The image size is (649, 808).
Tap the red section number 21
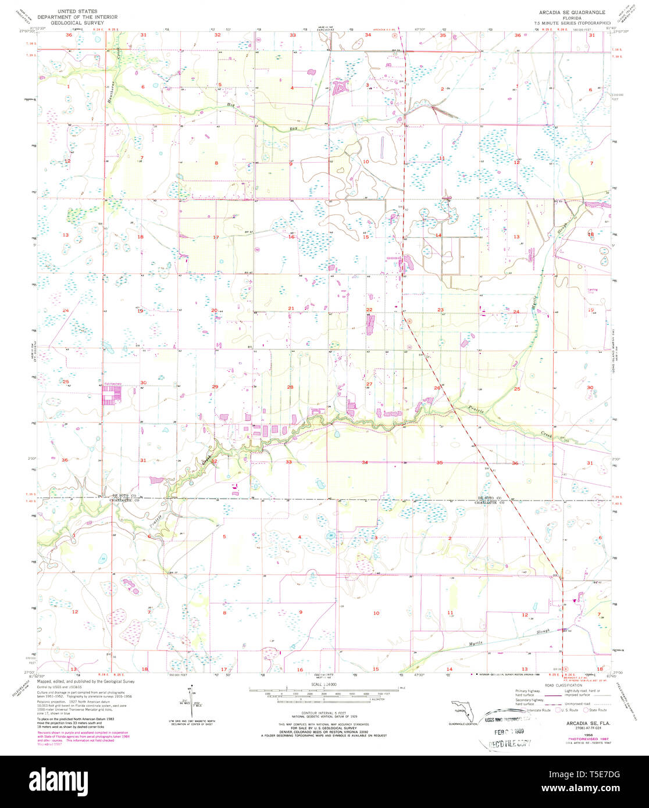pos(291,308)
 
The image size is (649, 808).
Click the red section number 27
pos(369,384)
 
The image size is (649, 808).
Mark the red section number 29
pos(215,387)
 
